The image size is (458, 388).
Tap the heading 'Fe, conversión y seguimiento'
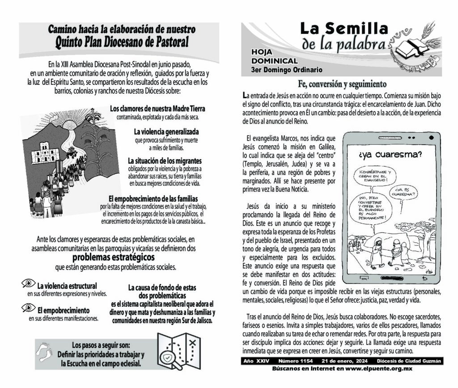tap(342, 84)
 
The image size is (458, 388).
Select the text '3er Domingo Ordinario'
tap(287, 70)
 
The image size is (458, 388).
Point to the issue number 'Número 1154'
tap(296, 361)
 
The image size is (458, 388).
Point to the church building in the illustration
tap(45, 153)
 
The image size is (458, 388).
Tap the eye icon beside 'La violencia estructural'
tap(28, 284)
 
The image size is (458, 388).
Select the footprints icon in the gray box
tap(47, 351)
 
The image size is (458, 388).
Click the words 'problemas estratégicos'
tap(114, 258)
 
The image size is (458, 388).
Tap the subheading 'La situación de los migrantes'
tap(165, 161)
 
